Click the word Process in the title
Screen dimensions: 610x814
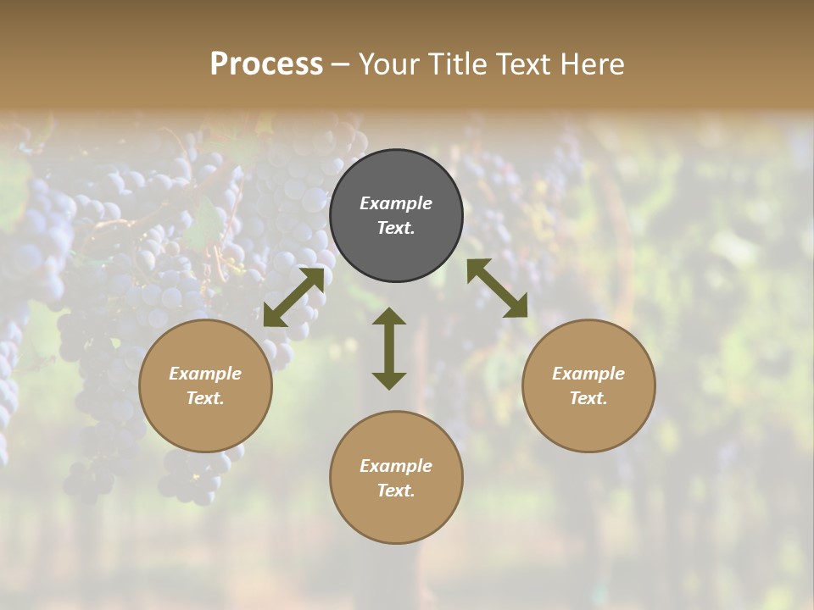click(266, 64)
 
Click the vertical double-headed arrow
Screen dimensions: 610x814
click(389, 349)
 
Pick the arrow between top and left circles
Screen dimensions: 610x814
click(293, 297)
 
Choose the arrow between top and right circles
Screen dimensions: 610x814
click(497, 288)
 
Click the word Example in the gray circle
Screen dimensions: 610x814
click(396, 203)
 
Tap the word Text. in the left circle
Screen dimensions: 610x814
click(205, 398)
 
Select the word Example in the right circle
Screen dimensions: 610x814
click(588, 374)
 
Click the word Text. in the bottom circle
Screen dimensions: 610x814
click(396, 491)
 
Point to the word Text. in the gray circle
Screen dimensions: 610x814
click(396, 228)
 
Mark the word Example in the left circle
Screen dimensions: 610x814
click(205, 374)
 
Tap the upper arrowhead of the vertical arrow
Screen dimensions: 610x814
click(389, 317)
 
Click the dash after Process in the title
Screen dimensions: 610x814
click(341, 64)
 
